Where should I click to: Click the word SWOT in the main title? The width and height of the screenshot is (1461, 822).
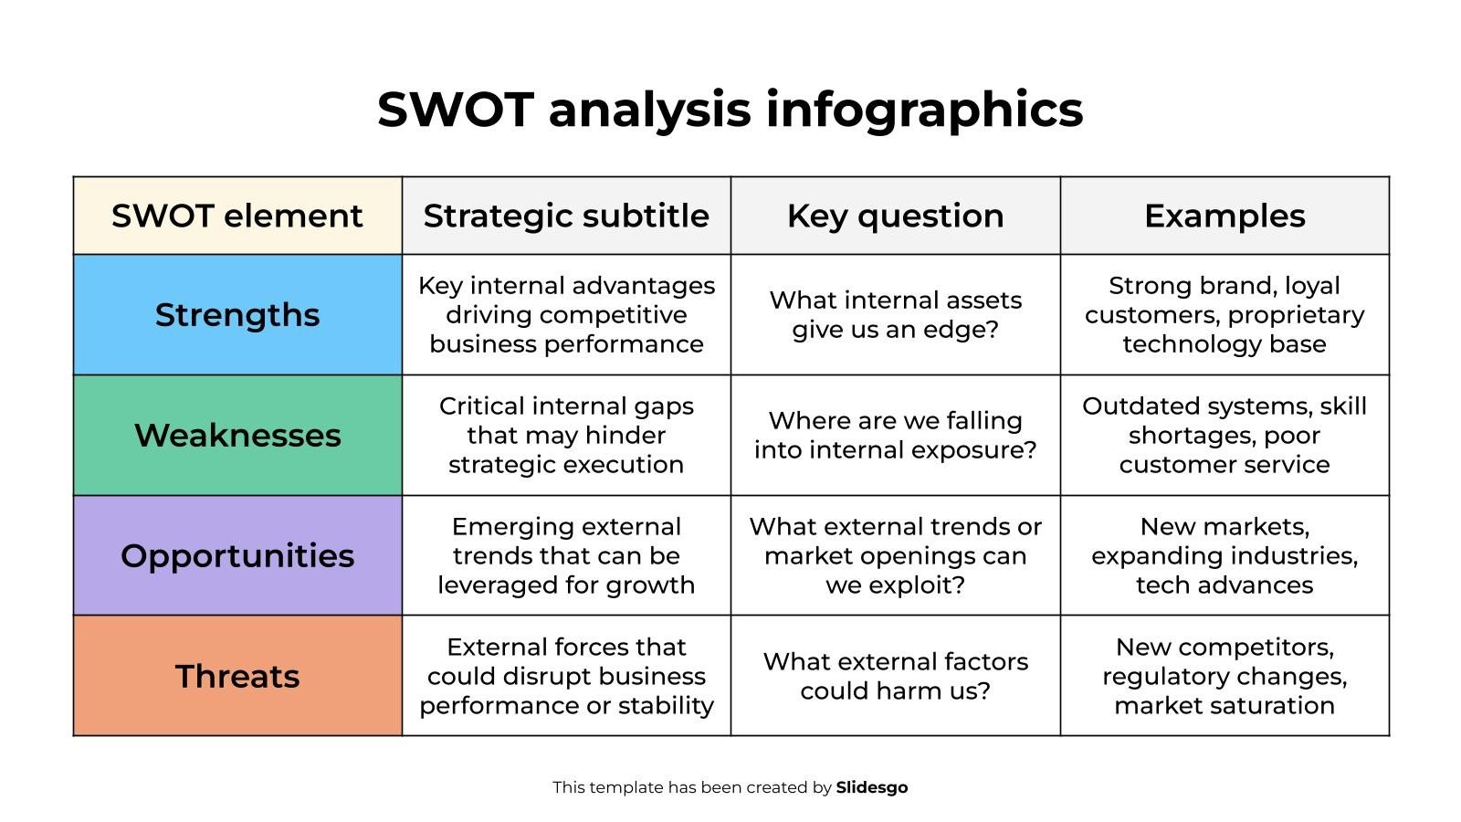tap(455, 110)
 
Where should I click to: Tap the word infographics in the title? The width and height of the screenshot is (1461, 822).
tap(924, 110)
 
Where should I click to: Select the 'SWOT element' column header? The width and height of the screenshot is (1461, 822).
tap(237, 216)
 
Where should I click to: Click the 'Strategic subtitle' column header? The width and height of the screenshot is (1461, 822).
tap(566, 216)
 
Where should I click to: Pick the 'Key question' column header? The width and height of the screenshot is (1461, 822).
tap(895, 216)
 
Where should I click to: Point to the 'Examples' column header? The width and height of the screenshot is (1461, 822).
tap(1225, 216)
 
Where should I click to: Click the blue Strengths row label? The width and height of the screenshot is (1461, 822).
tap(237, 315)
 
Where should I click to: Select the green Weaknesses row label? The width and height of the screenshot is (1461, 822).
tap(237, 436)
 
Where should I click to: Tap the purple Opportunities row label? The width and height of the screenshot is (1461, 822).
tap(237, 556)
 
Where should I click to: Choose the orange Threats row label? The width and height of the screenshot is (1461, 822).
tap(237, 677)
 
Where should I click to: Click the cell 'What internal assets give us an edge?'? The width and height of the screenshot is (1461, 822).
tap(895, 315)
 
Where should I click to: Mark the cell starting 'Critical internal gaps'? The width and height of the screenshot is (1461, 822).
tap(566, 436)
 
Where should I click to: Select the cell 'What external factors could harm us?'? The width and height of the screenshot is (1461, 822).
tap(895, 677)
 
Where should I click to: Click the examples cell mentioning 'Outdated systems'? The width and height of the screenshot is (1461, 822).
tap(1225, 436)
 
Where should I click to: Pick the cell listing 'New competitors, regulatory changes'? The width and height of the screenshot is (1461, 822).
tap(1225, 677)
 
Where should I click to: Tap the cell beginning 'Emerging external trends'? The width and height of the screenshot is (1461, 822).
tap(566, 556)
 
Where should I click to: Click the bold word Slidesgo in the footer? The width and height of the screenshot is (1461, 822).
tap(871, 787)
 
